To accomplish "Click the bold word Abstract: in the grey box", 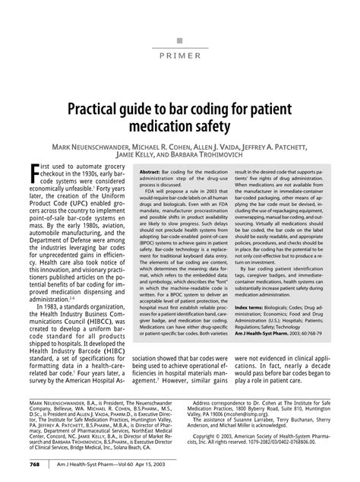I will point(150,172).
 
